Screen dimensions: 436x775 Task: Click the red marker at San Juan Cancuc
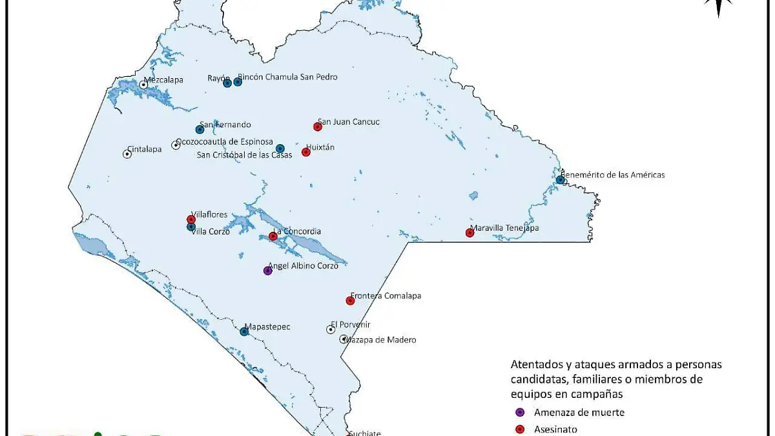(x=317, y=127)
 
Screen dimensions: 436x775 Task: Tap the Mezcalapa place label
(x=163, y=80)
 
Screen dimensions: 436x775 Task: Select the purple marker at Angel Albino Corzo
(x=268, y=271)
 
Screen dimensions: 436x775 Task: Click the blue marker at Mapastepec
(x=244, y=331)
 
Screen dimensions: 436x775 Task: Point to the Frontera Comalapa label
(x=386, y=296)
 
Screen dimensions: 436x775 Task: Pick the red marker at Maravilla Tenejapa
(x=470, y=233)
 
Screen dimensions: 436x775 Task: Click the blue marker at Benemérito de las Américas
(x=560, y=180)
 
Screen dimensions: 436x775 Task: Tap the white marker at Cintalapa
(x=127, y=154)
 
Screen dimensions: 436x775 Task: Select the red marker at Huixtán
(x=306, y=152)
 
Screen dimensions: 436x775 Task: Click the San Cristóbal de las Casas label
(x=244, y=155)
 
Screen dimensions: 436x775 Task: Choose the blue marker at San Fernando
(x=200, y=129)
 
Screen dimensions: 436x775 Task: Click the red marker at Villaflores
(x=191, y=219)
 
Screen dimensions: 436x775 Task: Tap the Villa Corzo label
(x=211, y=232)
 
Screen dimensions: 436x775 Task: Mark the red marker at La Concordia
(x=273, y=236)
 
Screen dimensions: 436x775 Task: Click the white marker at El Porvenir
(x=331, y=329)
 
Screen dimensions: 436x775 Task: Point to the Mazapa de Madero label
(x=380, y=340)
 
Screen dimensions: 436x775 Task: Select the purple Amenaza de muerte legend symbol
(x=519, y=413)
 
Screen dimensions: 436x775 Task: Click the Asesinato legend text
(x=555, y=429)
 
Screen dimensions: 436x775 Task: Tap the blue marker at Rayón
(x=227, y=83)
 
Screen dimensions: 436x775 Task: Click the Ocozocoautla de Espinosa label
(x=224, y=141)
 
